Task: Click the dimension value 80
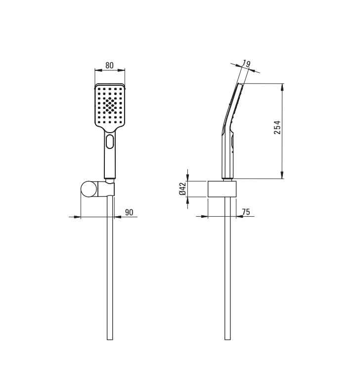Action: [109, 65]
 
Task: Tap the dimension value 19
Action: [246, 64]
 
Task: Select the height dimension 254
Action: [277, 127]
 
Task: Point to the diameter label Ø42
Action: [182, 189]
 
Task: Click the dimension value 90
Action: [129, 212]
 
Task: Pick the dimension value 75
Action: [246, 212]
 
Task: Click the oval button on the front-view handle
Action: [109, 142]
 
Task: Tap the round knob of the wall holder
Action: [88, 190]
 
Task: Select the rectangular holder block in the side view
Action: [222, 189]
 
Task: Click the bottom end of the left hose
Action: [110, 340]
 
